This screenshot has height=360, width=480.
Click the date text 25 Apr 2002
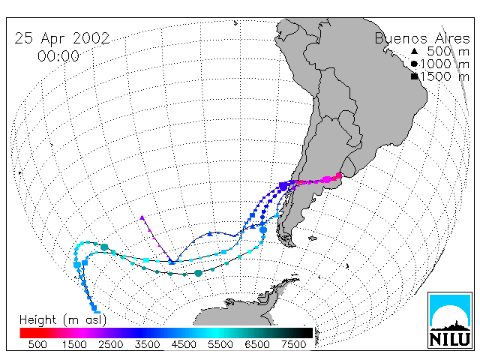[x=62, y=38]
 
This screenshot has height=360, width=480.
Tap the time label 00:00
[x=58, y=56]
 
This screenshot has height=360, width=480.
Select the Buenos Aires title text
[x=422, y=38]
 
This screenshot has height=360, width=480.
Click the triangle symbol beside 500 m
[x=414, y=51]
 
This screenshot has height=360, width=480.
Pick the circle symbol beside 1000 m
[x=414, y=64]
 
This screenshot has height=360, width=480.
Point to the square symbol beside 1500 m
[x=415, y=76]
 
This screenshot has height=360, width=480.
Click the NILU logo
[x=450, y=320]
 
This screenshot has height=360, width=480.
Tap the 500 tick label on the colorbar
[x=37, y=345]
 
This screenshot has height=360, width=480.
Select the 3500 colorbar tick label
[x=147, y=345]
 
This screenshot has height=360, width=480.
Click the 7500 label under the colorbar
[x=293, y=345]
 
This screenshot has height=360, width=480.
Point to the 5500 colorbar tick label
[x=220, y=345]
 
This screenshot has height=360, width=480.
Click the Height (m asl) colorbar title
[x=63, y=320]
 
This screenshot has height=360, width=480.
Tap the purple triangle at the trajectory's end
[x=142, y=217]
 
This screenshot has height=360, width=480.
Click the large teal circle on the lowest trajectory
[x=198, y=273]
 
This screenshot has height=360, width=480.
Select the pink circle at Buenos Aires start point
[x=339, y=175]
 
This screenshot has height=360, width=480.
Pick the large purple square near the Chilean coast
[x=283, y=186]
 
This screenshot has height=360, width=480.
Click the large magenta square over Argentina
[x=327, y=179]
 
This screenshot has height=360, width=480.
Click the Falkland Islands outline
[x=312, y=238]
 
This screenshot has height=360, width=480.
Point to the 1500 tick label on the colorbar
[x=74, y=345]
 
